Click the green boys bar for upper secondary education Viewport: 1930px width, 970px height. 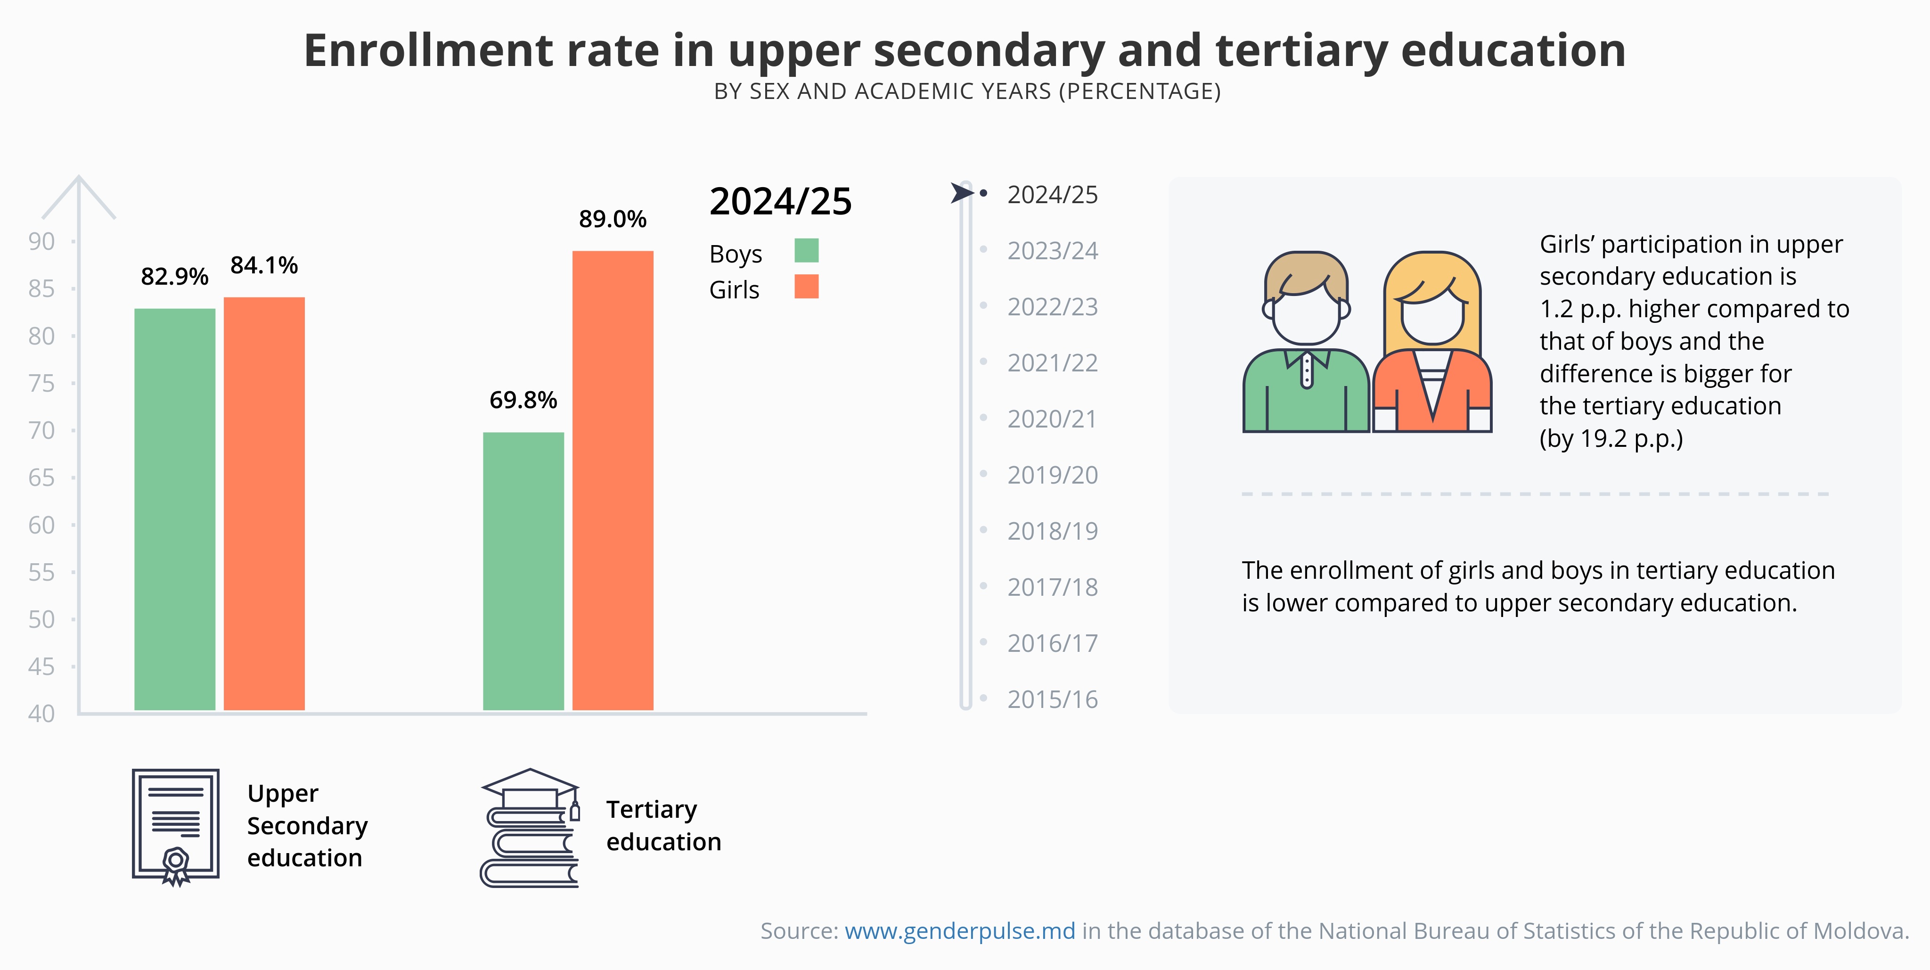(x=174, y=510)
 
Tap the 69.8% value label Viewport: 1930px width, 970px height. (x=523, y=400)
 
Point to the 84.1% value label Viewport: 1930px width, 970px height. (x=264, y=265)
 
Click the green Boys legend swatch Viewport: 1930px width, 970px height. (x=806, y=250)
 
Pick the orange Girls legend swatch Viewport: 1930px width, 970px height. (x=806, y=287)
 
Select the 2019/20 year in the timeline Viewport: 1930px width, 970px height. (x=1052, y=475)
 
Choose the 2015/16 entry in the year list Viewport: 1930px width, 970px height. (x=1052, y=699)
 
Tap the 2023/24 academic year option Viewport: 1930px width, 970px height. (x=1052, y=250)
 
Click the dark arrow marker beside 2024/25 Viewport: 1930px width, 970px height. (x=961, y=193)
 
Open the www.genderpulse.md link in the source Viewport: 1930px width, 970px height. (x=960, y=931)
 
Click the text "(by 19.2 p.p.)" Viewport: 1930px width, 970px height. (x=1611, y=438)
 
